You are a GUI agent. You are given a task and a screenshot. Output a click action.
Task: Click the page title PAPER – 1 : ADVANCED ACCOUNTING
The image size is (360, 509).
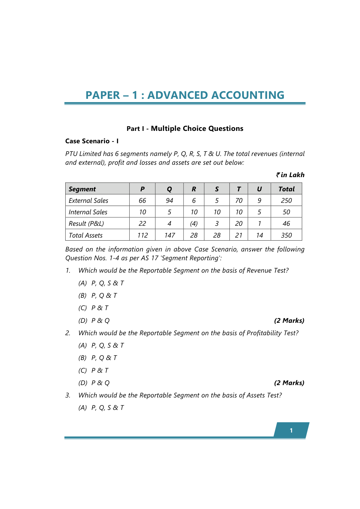[x=185, y=95]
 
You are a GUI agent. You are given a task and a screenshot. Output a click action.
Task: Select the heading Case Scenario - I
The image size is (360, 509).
[x=92, y=141]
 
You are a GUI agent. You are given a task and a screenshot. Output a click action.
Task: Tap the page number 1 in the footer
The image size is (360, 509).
[x=291, y=430]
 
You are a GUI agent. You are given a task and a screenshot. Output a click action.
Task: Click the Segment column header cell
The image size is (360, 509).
[x=82, y=189]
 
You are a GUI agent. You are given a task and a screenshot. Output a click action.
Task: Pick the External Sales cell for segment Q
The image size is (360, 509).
[x=169, y=201]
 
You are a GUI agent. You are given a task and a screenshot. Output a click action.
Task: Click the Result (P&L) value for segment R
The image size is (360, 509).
[x=194, y=224]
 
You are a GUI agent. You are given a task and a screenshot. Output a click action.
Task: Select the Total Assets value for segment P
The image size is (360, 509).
[x=142, y=235]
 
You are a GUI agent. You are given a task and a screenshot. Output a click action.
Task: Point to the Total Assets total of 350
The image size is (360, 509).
[x=286, y=235]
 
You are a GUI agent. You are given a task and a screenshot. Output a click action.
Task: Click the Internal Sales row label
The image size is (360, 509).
[x=88, y=212]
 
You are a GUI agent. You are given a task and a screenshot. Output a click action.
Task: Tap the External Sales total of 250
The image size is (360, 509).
[x=286, y=201]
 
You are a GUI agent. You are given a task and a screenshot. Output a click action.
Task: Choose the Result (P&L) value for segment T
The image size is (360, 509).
[x=239, y=224]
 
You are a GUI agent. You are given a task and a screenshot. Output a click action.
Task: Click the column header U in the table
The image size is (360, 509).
[x=259, y=189]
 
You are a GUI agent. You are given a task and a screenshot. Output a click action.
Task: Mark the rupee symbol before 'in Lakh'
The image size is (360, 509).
[x=278, y=175]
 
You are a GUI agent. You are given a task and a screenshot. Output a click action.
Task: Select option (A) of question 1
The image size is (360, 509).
[x=101, y=283]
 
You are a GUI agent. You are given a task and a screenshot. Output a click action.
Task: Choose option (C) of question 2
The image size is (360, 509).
[x=93, y=371]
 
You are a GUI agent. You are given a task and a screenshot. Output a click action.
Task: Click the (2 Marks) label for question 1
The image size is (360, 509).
[x=289, y=321]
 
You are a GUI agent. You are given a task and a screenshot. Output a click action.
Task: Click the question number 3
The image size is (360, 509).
[x=68, y=395]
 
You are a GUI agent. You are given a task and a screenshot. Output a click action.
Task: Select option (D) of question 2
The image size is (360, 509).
[x=94, y=383]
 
